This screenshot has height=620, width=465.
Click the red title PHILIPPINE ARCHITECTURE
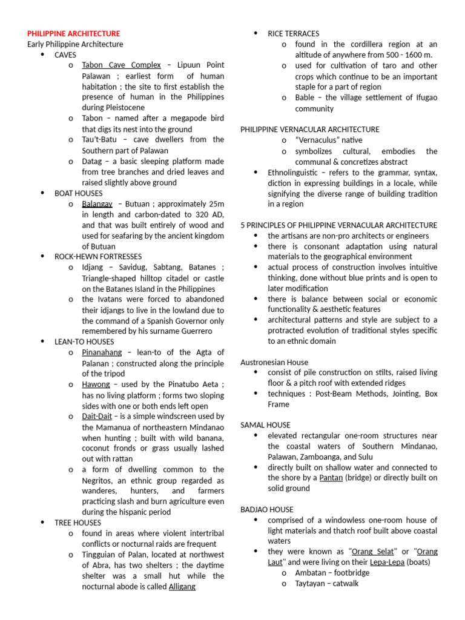74,33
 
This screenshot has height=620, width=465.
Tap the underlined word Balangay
97,203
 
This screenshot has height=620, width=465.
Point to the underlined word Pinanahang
102,352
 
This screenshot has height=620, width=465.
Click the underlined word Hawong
96,384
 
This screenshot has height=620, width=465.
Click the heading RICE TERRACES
294,33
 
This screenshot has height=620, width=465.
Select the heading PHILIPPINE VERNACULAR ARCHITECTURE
310,130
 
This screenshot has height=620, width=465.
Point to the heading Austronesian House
274,362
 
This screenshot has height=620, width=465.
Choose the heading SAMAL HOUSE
265,425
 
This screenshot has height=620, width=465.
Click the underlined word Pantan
331,478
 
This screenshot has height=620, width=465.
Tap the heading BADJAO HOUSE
267,510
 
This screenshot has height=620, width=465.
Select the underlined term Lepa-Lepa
387,562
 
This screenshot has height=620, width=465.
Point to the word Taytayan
313,584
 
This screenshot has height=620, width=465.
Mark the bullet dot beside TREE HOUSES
42,522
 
